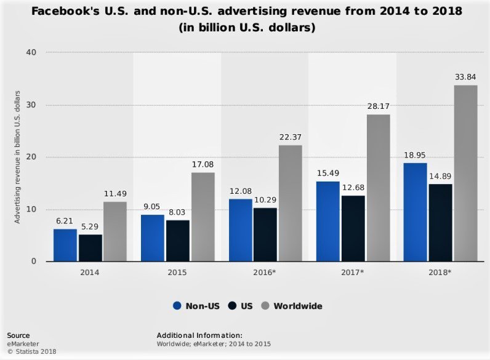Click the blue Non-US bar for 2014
click(65, 245)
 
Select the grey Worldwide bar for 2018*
click(465, 173)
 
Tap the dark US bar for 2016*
click(265, 234)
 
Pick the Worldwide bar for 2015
click(203, 217)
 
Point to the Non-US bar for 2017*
click(327, 221)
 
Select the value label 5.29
click(90, 226)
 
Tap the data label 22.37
click(290, 137)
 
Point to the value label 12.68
click(353, 188)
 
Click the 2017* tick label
click(352, 271)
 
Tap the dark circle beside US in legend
click(232, 306)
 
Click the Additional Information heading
click(200, 335)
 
